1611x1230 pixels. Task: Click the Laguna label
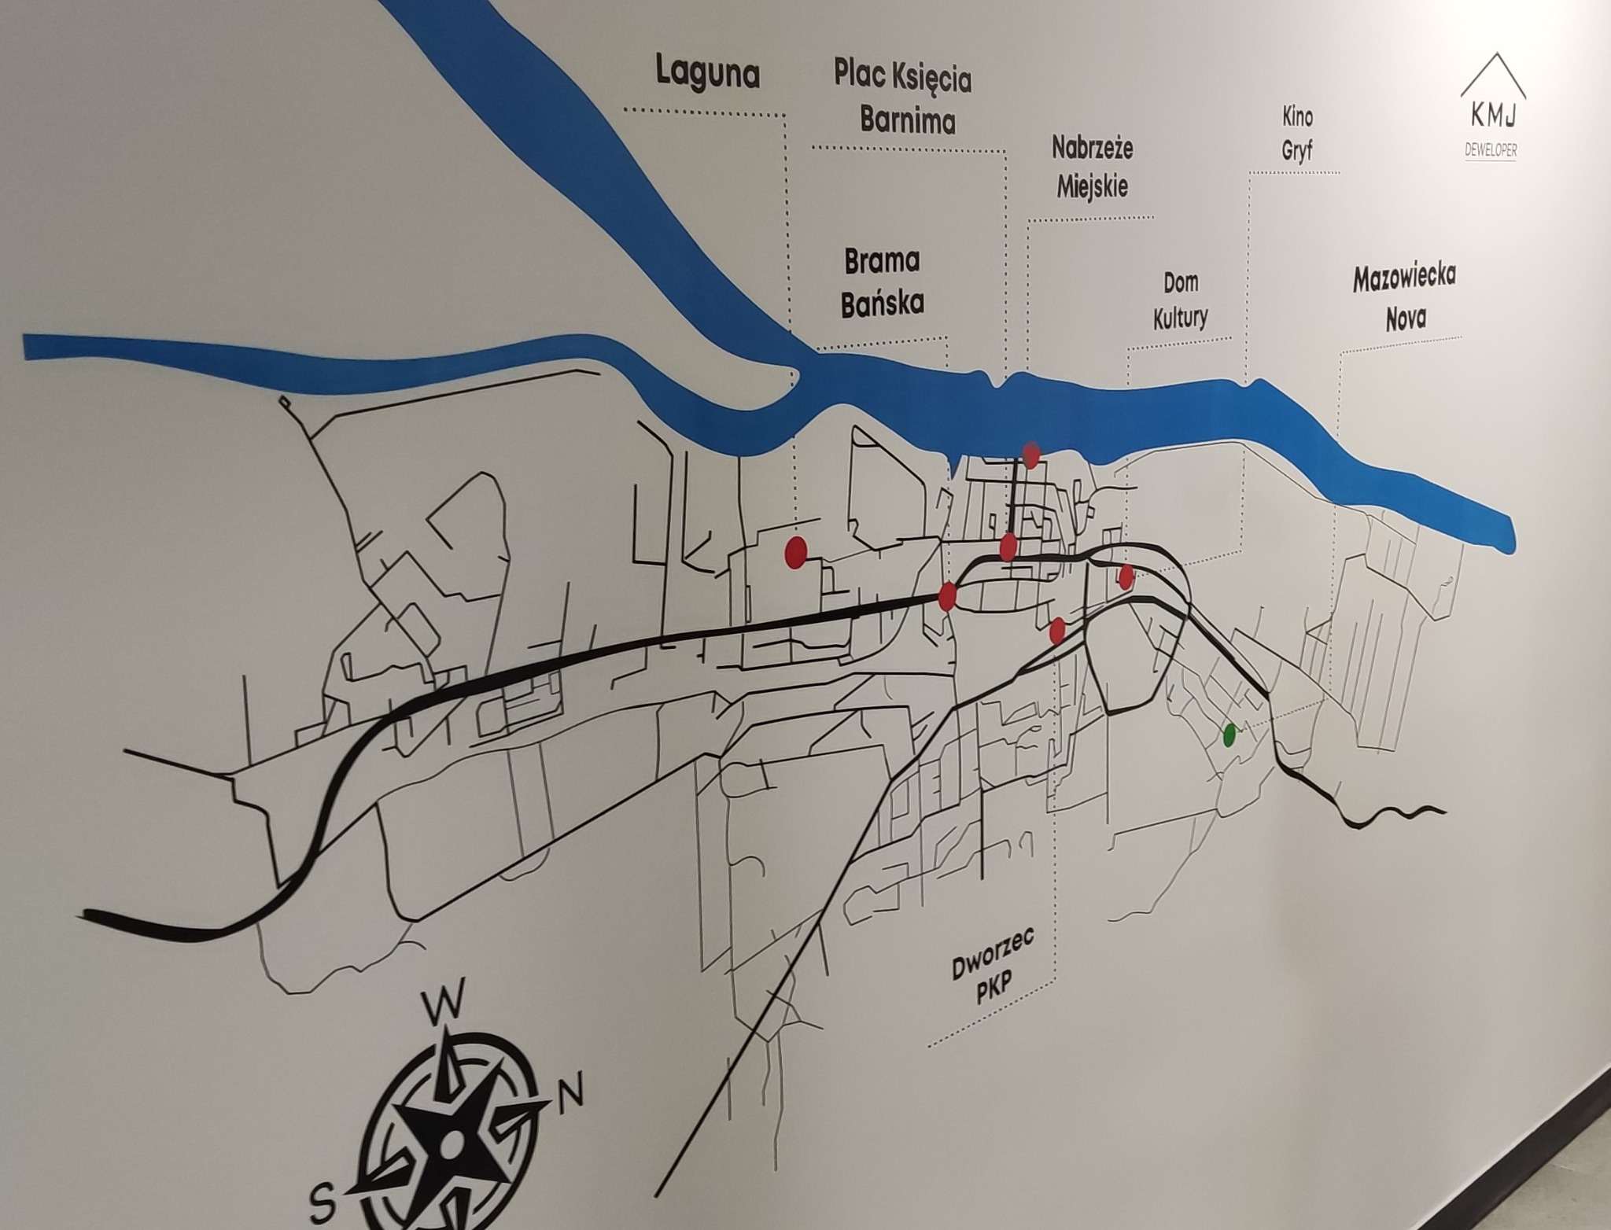click(707, 73)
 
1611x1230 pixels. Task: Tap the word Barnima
click(907, 120)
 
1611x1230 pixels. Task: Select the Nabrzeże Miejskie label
click(1092, 167)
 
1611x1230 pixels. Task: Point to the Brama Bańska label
click(882, 282)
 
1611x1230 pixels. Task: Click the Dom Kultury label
click(1181, 300)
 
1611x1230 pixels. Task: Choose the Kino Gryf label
click(1297, 134)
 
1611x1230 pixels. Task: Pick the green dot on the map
click(1229, 735)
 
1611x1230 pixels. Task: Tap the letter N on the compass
click(570, 1092)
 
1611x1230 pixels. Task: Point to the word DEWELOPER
click(1491, 149)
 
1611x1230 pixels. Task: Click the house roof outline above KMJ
click(1494, 75)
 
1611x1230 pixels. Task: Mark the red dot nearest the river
click(1031, 455)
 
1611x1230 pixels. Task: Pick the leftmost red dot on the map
click(796, 551)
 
